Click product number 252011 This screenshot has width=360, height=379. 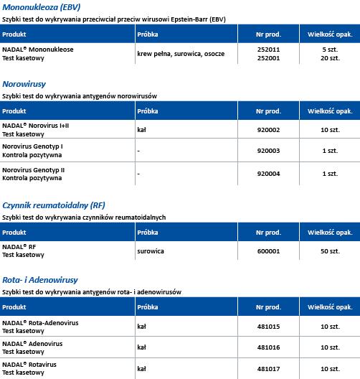point(267,48)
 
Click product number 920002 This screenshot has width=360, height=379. point(267,129)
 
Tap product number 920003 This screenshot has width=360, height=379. point(267,151)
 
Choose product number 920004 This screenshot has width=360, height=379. point(267,174)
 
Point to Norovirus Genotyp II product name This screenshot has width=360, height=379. point(34,169)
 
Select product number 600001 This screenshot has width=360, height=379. point(267,251)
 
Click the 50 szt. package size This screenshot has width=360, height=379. point(329,251)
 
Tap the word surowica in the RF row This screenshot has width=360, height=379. point(152,251)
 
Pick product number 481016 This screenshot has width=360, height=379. point(267,347)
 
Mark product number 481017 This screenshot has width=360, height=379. point(267,368)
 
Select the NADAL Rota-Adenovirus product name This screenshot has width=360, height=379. point(40,323)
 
